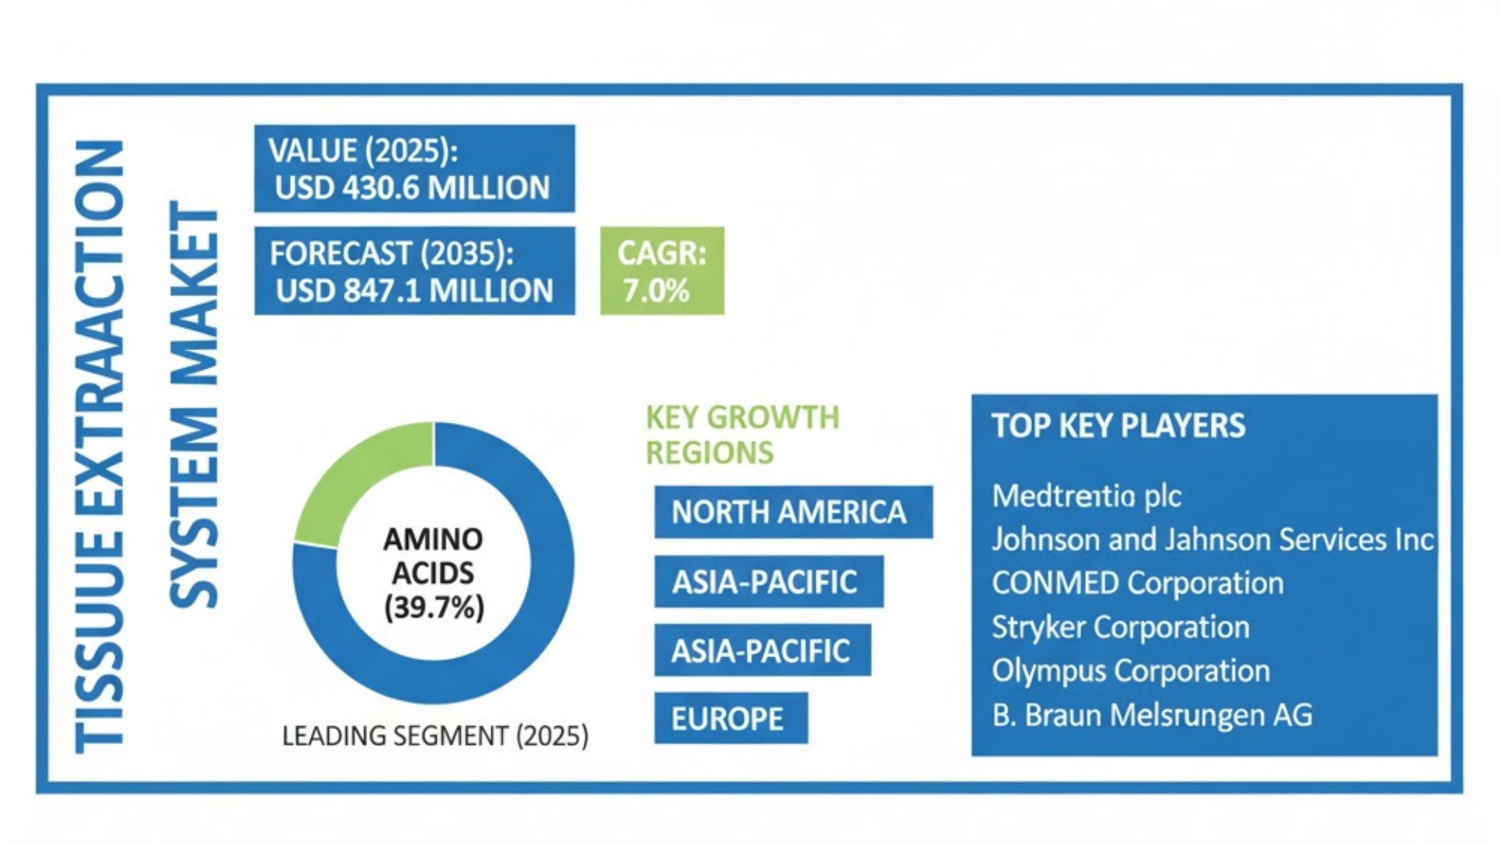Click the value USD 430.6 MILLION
[412, 188]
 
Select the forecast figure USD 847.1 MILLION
[414, 291]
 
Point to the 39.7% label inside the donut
[434, 607]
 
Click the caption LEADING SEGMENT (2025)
[435, 736]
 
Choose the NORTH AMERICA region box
[792, 513]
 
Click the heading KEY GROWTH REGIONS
[742, 435]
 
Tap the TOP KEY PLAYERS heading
[1118, 426]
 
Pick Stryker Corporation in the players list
[1120, 627]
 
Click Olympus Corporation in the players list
[1130, 671]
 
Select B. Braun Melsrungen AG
[1152, 715]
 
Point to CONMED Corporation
[1137, 583]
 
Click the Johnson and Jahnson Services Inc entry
[1212, 539]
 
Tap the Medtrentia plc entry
[1086, 495]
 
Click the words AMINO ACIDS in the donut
[434, 556]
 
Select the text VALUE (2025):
[363, 151]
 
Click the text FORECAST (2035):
[391, 254]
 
